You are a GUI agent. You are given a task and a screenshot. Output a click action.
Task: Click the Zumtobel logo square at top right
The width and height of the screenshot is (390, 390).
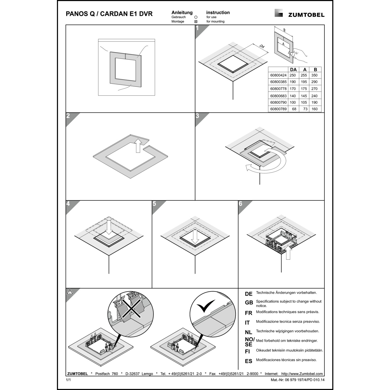click(279, 13)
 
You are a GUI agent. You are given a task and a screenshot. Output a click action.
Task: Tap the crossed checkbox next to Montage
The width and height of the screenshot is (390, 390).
click(196, 22)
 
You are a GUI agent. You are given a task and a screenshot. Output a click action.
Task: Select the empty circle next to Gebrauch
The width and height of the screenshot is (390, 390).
click(196, 17)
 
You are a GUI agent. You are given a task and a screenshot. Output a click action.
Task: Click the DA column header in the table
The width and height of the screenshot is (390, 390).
click(293, 69)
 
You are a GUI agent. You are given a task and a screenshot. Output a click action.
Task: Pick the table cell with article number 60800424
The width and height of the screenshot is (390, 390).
click(278, 75)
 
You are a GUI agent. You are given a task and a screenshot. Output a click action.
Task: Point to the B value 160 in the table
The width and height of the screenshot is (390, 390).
click(315, 109)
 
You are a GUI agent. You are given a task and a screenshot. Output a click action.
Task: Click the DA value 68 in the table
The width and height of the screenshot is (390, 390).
click(294, 109)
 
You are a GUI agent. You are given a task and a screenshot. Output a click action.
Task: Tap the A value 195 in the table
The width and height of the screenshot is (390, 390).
click(304, 82)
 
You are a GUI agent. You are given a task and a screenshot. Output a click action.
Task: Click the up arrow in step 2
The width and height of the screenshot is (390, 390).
click(138, 146)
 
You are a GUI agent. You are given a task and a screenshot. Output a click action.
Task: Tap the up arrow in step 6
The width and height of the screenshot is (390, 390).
click(288, 252)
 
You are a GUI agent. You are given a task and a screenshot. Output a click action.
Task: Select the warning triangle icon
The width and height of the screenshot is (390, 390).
click(70, 292)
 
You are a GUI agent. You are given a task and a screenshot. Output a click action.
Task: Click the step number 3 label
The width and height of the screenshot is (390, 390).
click(197, 116)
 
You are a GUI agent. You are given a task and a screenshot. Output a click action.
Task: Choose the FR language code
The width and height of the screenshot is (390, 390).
click(249, 313)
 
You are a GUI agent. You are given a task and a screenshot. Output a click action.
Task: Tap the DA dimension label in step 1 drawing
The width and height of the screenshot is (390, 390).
click(262, 47)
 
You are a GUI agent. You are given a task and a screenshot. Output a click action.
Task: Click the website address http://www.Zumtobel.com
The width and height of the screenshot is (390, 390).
click(302, 374)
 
